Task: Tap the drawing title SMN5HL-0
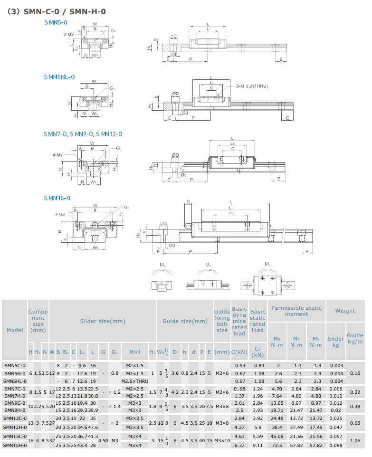click(59, 76)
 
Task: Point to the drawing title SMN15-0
click(57, 198)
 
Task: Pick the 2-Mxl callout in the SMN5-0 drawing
click(68, 35)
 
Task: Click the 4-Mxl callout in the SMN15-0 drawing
click(60, 214)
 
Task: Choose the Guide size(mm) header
click(185, 321)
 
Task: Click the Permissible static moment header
click(296, 311)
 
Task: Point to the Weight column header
click(345, 311)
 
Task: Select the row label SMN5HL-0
click(14, 381)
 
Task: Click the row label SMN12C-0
click(15, 418)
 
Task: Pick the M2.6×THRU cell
click(135, 381)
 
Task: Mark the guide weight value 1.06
click(354, 440)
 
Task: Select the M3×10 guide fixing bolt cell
click(222, 440)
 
